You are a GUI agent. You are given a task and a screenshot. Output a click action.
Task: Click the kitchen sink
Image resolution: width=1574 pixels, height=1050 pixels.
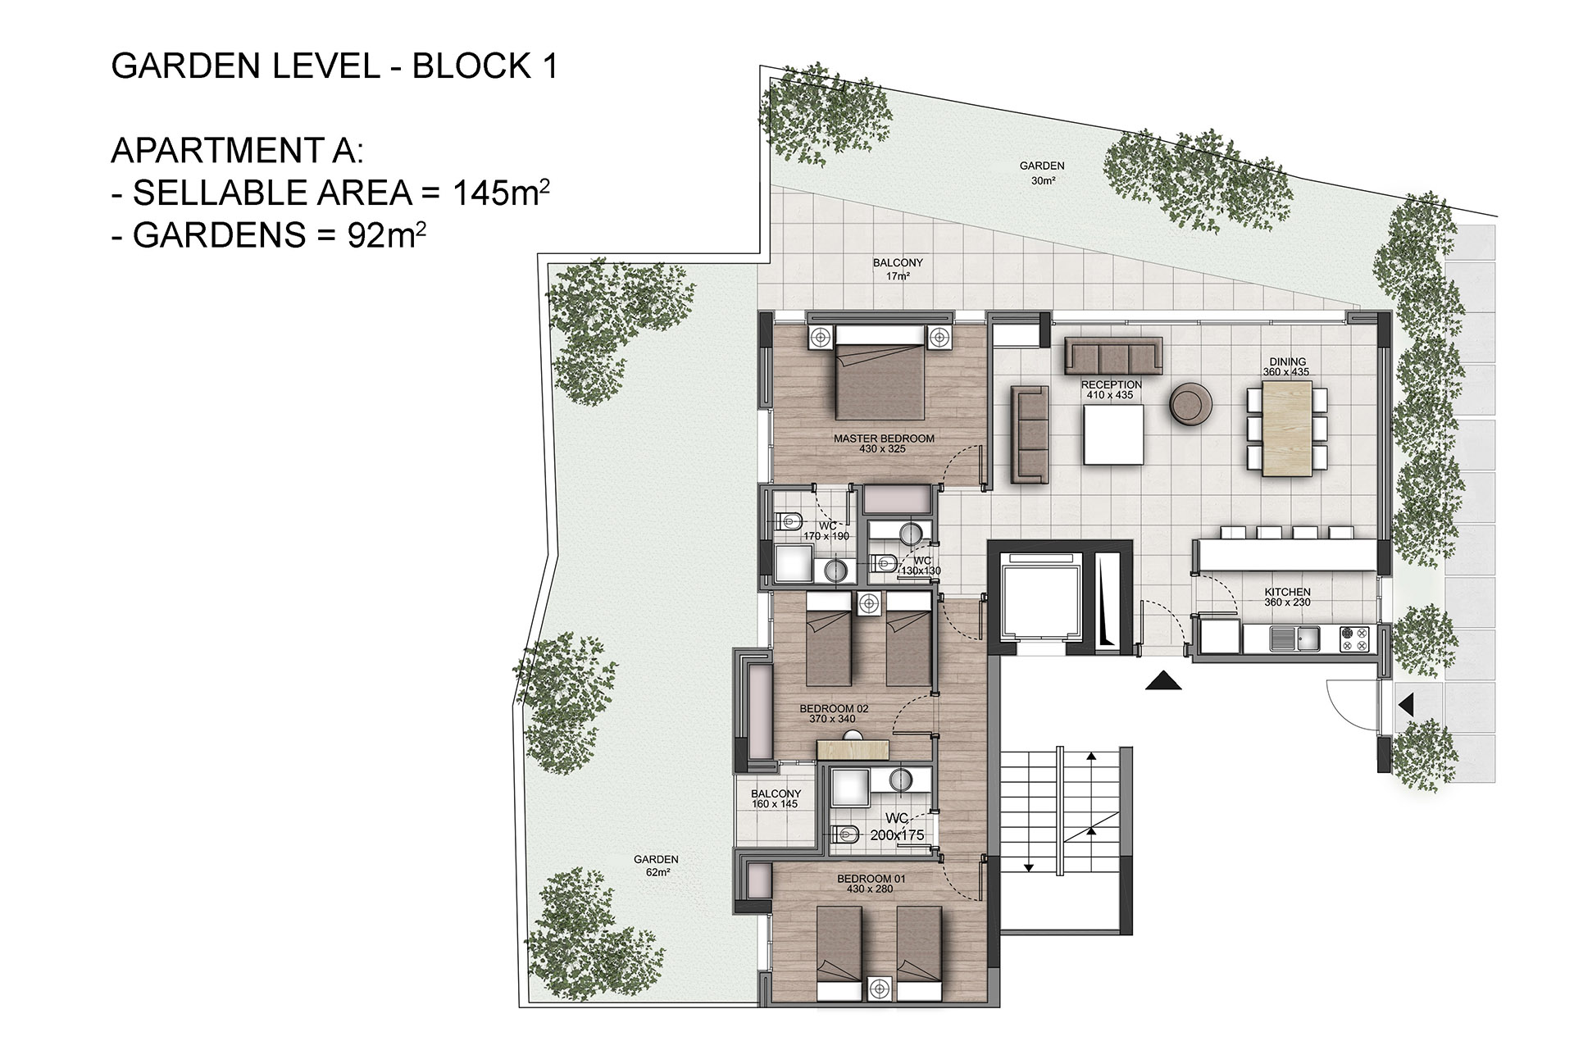(x=1295, y=638)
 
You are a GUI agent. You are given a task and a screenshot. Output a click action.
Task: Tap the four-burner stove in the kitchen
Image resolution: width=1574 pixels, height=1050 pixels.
(x=1354, y=639)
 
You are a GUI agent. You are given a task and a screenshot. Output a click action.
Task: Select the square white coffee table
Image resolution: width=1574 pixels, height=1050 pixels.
(x=1113, y=436)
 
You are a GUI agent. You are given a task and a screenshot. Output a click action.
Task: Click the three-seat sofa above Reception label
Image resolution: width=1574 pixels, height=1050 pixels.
(x=1113, y=356)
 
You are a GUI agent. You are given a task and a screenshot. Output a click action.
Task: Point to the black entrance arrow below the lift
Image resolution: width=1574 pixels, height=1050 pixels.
(x=1162, y=680)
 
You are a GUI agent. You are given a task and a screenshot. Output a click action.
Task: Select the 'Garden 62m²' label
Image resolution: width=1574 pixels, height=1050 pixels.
(x=656, y=866)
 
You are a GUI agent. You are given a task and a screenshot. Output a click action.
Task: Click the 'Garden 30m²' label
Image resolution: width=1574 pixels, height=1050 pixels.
(x=1042, y=172)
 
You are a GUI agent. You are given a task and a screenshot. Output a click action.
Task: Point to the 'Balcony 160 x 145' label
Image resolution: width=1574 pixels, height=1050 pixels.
(x=776, y=798)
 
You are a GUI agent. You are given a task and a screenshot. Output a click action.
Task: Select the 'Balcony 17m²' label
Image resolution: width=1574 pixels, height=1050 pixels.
(x=898, y=269)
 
